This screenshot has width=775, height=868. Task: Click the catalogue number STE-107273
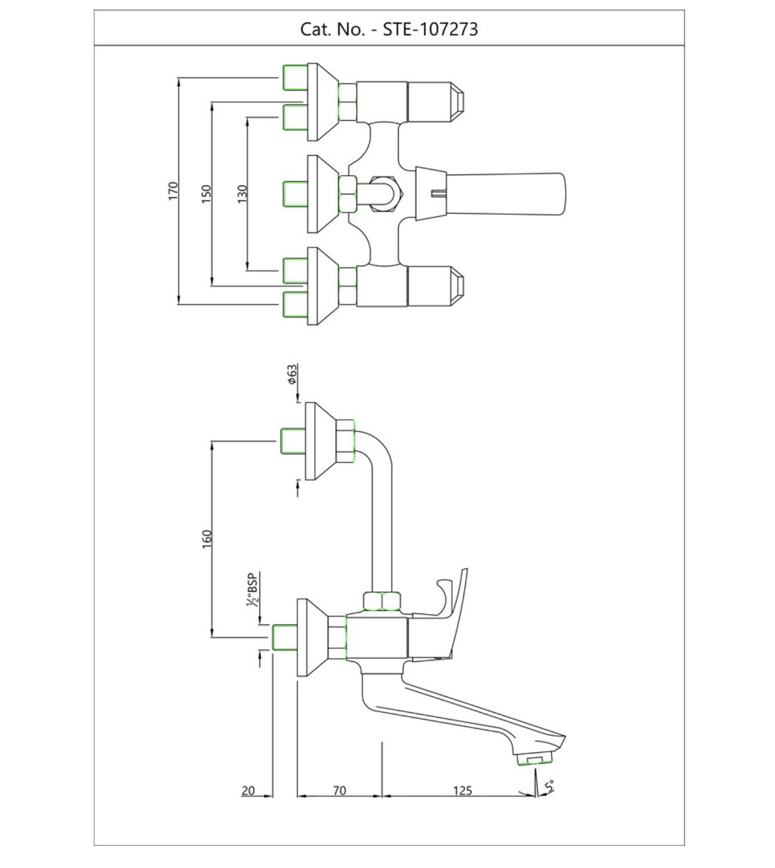429,29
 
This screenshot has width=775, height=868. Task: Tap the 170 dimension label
173,190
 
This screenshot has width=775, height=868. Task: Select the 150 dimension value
206,194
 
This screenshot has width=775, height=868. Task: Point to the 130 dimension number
242,194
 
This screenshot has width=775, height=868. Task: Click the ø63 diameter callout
292,374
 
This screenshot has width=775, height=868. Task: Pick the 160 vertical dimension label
207,539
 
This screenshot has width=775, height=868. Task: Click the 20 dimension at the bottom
248,790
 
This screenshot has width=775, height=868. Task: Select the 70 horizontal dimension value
339,790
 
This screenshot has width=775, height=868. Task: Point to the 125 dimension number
463,790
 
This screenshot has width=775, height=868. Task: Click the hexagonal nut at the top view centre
385,194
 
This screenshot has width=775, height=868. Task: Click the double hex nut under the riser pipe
382,601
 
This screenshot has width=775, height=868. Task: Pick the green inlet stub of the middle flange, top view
295,194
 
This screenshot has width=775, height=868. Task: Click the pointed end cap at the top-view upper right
457,102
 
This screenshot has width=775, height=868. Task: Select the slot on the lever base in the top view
438,194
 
